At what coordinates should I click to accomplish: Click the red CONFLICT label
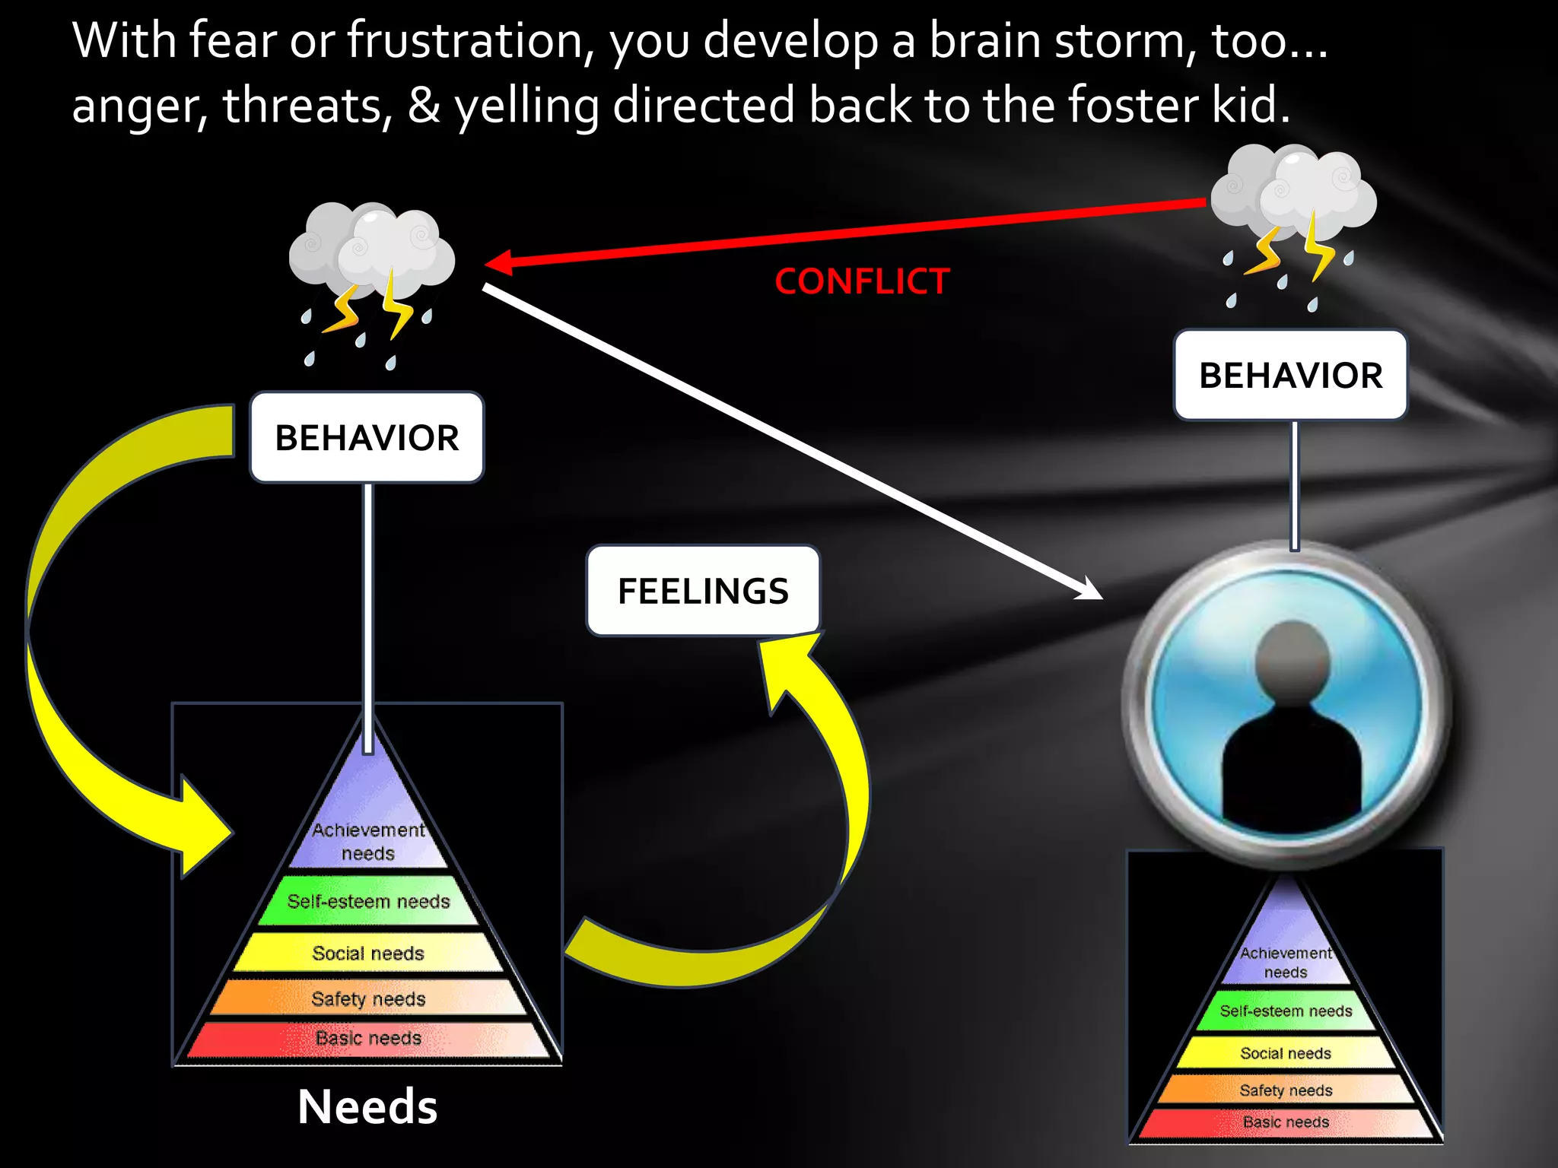(862, 281)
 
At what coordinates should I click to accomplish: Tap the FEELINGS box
(703, 591)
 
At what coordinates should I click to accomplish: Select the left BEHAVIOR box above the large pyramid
(367, 437)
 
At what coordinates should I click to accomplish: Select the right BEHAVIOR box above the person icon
(1290, 375)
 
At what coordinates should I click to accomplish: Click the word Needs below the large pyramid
(367, 1106)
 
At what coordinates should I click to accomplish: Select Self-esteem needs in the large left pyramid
(368, 902)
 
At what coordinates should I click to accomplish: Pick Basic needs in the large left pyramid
(368, 1039)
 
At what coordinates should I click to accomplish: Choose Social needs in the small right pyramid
(1286, 1053)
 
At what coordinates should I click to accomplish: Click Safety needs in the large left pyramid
(368, 998)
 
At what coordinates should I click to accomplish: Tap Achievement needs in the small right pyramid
(1286, 962)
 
